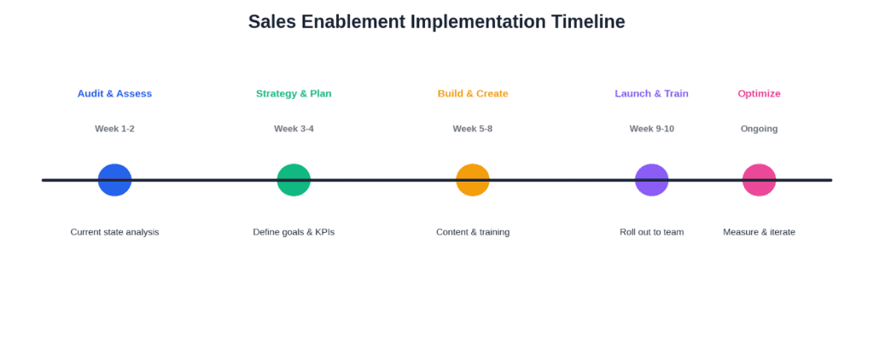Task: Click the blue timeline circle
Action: [115, 180]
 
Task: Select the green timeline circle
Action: [294, 180]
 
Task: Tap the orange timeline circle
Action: [473, 180]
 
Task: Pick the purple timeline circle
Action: [651, 180]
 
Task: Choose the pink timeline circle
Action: [759, 180]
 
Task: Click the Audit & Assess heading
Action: [115, 94]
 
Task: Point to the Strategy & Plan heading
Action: [294, 94]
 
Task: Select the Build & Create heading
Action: [473, 94]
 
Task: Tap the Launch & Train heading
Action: [651, 94]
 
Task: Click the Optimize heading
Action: [759, 94]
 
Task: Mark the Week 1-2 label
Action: [115, 129]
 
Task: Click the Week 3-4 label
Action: [294, 129]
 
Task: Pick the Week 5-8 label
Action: [473, 129]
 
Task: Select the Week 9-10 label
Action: [651, 129]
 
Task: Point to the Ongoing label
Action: [759, 129]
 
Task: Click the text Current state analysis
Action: [115, 232]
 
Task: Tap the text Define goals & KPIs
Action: [294, 232]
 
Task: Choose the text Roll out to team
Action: [651, 232]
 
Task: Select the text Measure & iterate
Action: [759, 232]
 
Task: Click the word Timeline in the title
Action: [588, 21]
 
